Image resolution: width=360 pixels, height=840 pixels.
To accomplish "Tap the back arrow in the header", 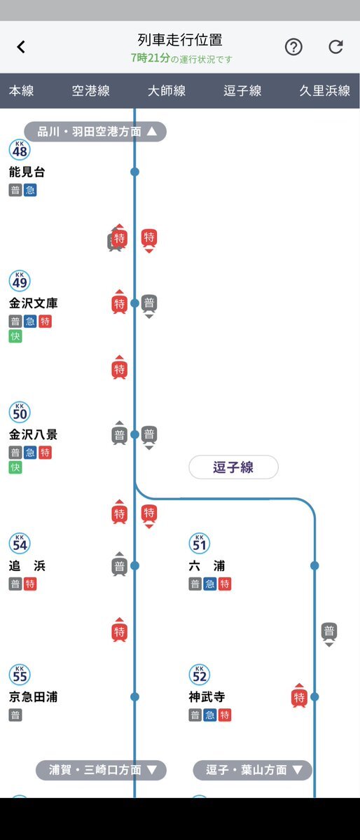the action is click(x=21, y=47).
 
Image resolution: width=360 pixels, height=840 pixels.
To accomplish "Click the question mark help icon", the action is click(x=293, y=47).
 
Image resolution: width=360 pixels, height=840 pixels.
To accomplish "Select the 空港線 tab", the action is click(x=90, y=90).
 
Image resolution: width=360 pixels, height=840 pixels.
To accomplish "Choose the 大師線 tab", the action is click(x=167, y=90).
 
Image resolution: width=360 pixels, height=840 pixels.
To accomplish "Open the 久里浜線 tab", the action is click(x=325, y=90).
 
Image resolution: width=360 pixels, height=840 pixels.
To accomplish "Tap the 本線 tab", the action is click(x=22, y=90).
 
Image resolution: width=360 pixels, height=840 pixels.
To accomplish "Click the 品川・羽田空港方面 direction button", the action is click(x=95, y=131).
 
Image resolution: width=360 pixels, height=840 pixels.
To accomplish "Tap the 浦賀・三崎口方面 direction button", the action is click(x=102, y=770).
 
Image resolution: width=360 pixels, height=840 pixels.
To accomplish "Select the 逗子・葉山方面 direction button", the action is click(x=252, y=770).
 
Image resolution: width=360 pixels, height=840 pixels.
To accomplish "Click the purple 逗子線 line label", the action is click(x=233, y=467).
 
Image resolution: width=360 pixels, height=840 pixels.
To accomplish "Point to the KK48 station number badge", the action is click(x=20, y=149).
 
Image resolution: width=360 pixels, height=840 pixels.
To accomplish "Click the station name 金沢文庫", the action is click(x=33, y=303).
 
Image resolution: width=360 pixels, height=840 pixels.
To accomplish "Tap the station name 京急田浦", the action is click(x=33, y=697).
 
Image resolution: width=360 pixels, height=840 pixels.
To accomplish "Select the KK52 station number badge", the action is click(x=200, y=675).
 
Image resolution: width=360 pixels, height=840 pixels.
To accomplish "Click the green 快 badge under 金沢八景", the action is click(x=15, y=468).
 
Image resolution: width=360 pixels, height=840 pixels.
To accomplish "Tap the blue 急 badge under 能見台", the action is click(x=30, y=190).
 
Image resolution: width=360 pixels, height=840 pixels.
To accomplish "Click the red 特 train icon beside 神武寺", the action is click(x=299, y=696).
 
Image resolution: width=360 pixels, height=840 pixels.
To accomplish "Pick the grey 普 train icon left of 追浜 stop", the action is click(x=120, y=565).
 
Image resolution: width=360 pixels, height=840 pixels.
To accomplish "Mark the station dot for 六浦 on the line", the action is click(x=314, y=565).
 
